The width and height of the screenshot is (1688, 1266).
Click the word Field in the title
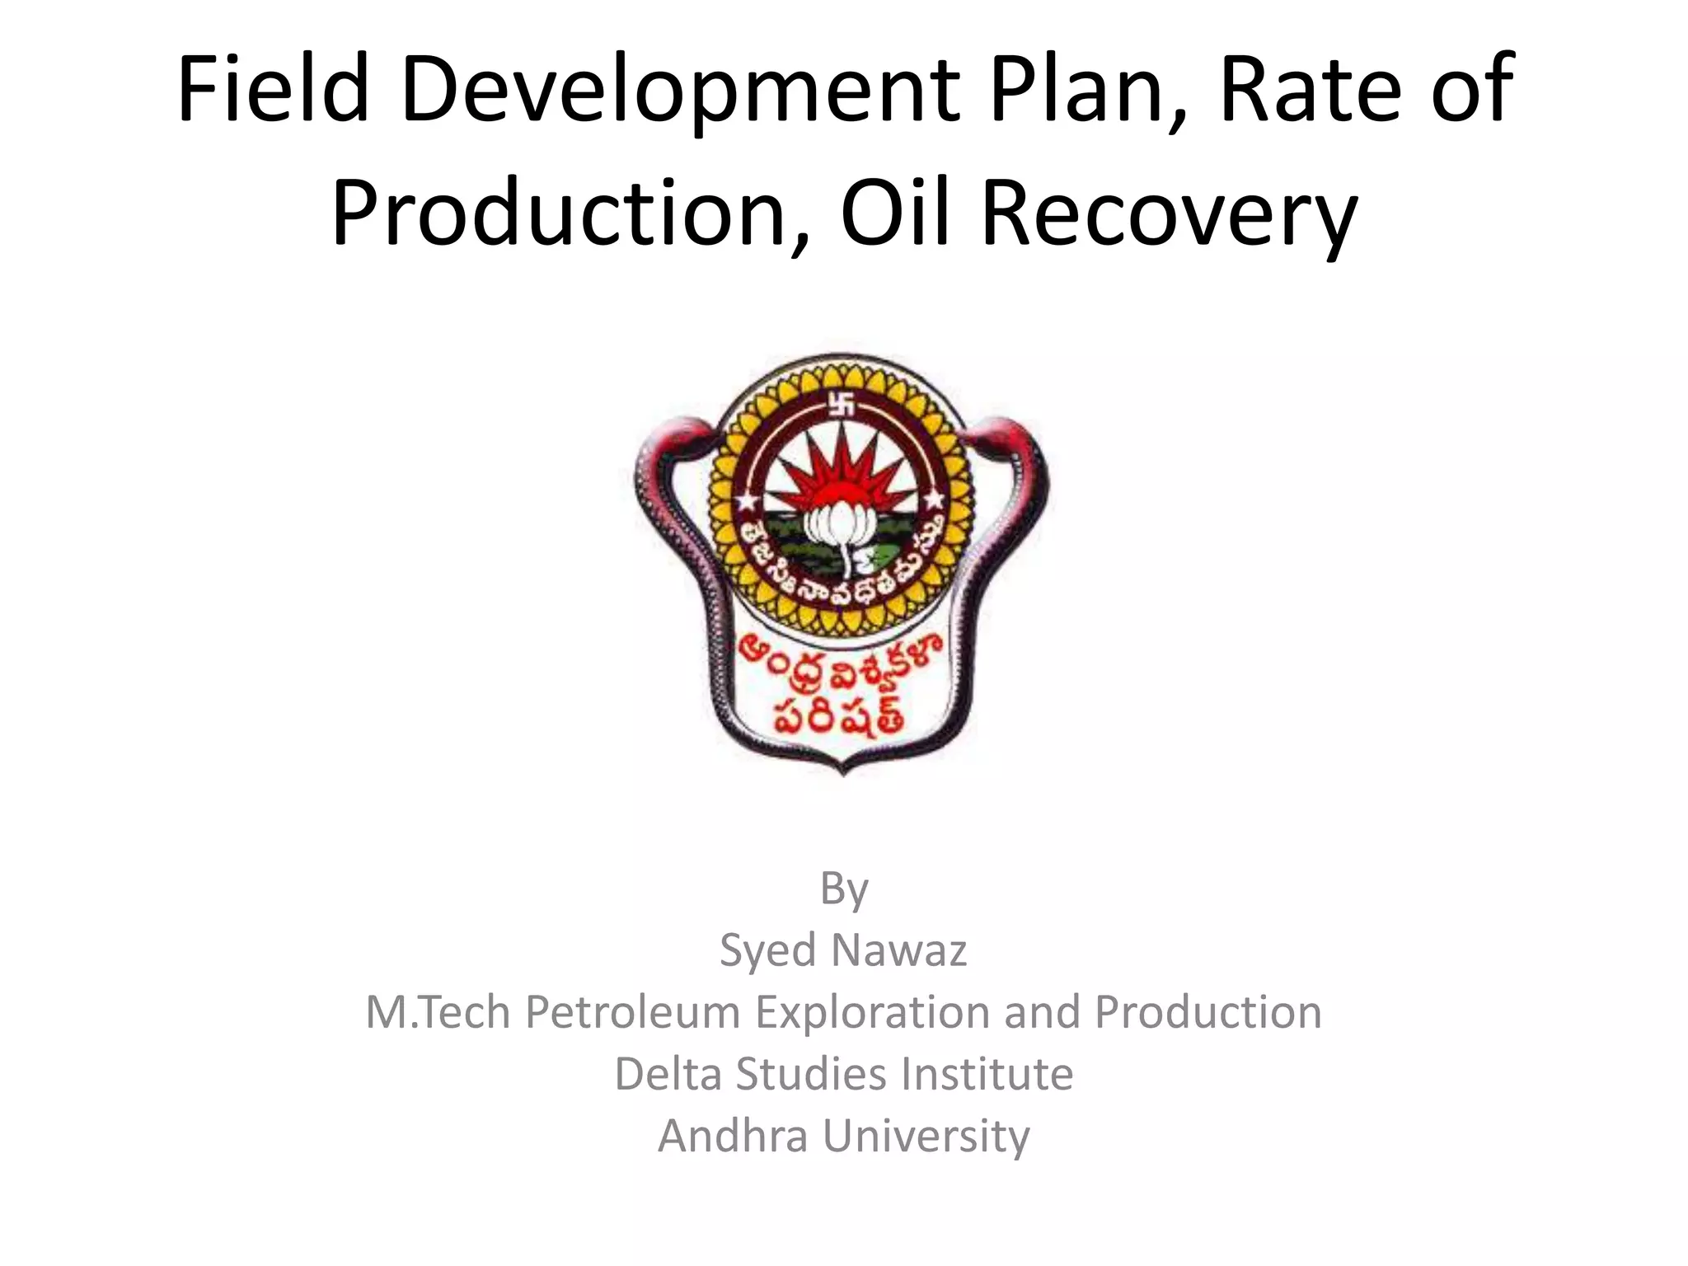click(272, 89)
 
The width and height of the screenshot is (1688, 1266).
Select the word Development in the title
click(680, 89)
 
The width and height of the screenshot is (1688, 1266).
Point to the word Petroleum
click(633, 1012)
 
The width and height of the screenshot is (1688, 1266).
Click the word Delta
click(668, 1074)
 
